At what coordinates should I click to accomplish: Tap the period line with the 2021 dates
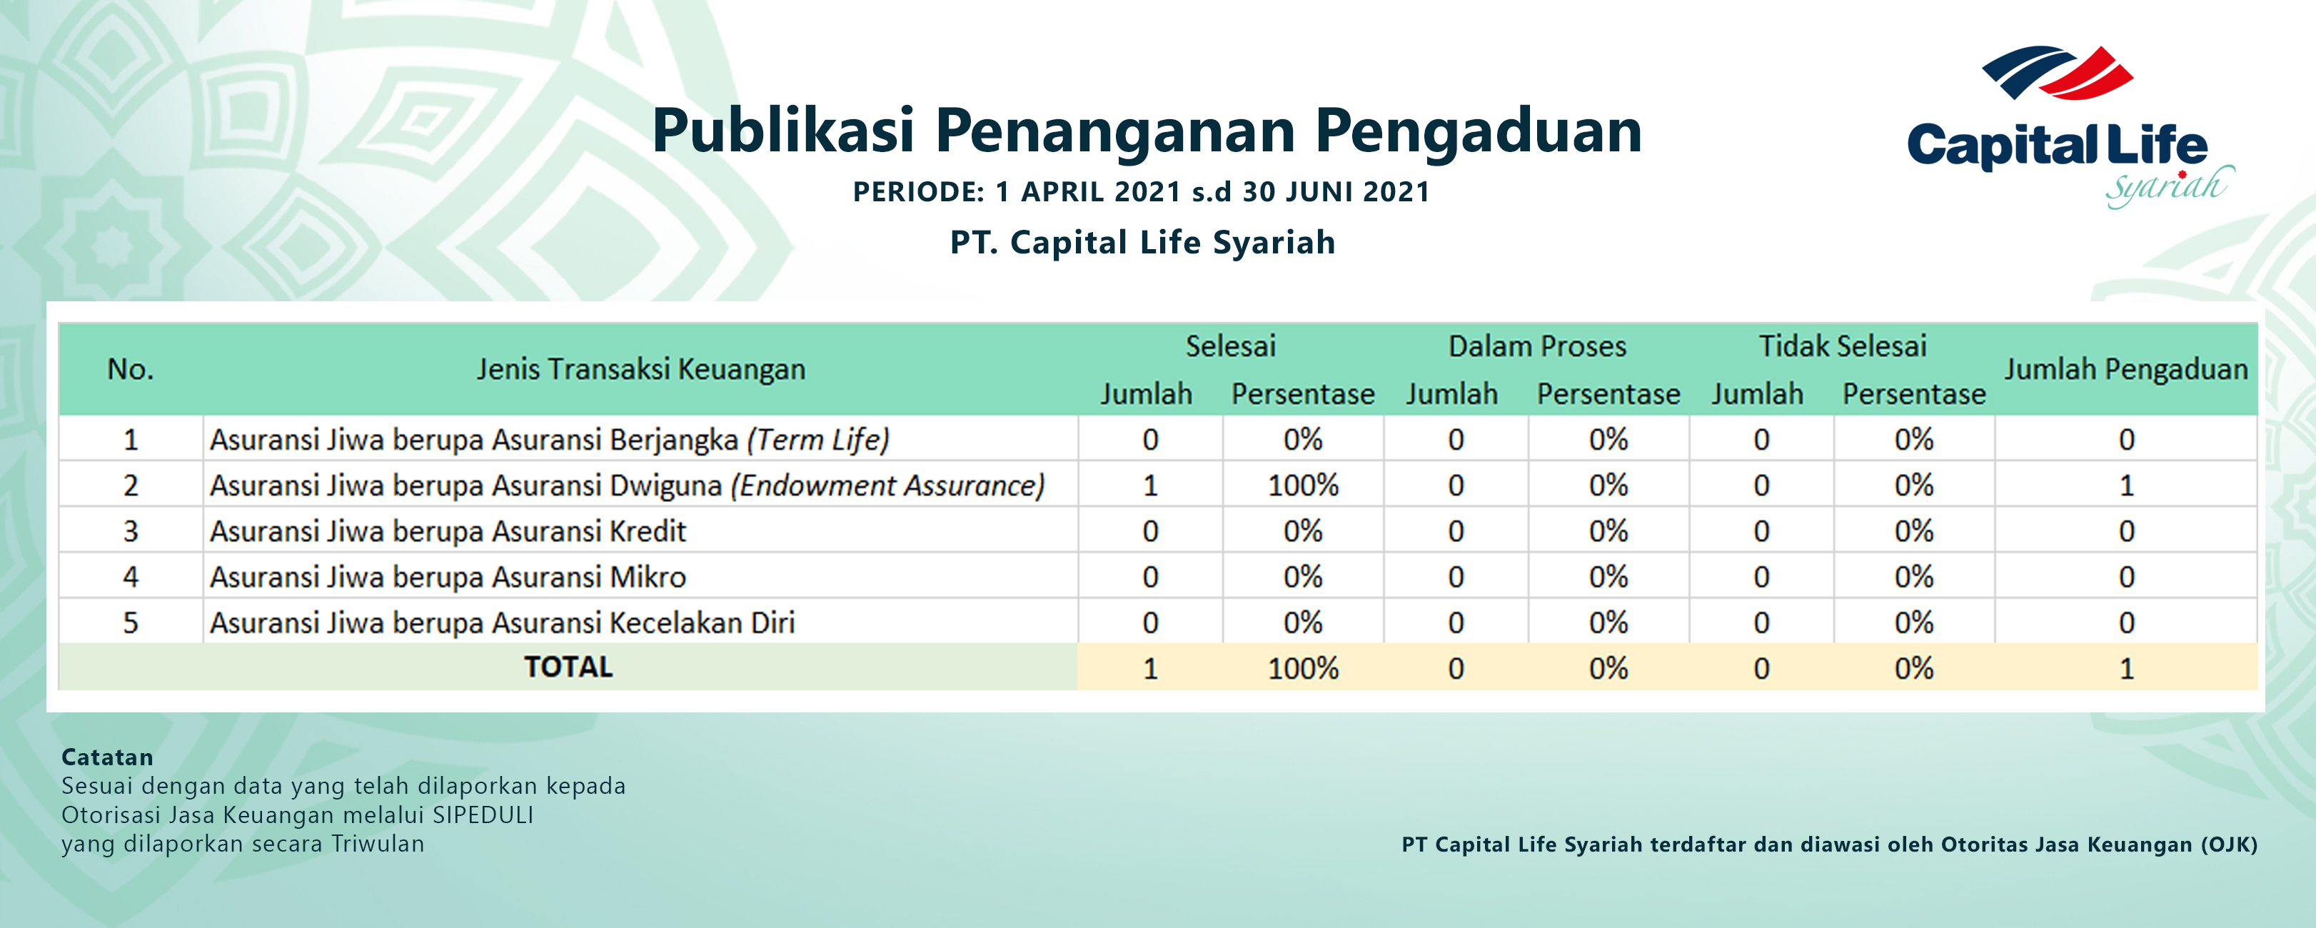[1141, 191]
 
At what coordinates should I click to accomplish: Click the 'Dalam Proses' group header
[1536, 346]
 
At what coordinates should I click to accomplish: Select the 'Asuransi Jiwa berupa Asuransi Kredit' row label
[448, 531]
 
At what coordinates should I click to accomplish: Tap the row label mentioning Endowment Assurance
[628, 485]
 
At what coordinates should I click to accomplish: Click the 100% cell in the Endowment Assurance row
[1303, 485]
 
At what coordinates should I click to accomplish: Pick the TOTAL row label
[568, 667]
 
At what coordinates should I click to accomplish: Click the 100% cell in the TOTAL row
[1303, 668]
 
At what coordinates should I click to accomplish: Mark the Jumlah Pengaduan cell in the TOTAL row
[2126, 668]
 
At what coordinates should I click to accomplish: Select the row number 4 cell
[131, 576]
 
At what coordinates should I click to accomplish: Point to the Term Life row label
[549, 440]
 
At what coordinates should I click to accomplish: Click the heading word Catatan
[107, 757]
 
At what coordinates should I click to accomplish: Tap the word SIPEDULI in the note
[483, 814]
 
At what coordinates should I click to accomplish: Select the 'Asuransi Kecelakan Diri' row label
[503, 622]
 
